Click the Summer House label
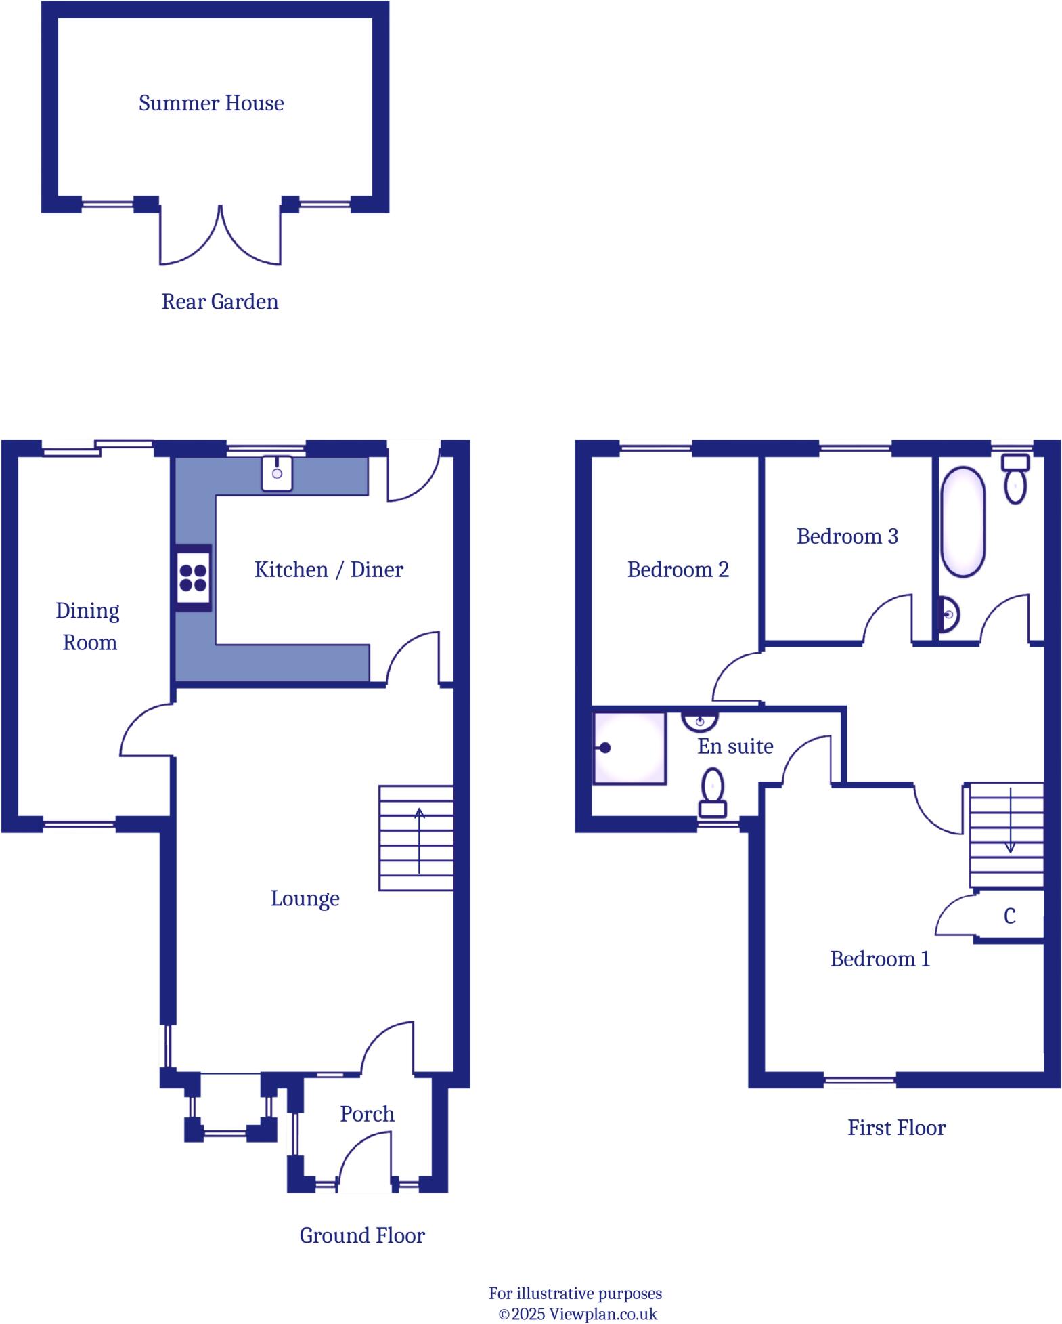click(211, 104)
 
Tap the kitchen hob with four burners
click(193, 578)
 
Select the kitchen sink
click(277, 473)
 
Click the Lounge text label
click(305, 899)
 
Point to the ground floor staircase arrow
click(419, 840)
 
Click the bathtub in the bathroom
click(962, 522)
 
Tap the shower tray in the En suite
click(629, 748)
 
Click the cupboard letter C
click(1009, 916)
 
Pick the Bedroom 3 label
click(847, 536)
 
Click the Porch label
click(367, 1114)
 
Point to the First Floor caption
click(896, 1128)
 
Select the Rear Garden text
click(219, 302)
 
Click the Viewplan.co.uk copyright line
click(577, 1315)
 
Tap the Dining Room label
click(88, 626)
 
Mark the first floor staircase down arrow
click(1010, 819)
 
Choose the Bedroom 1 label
click(880, 959)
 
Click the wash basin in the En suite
click(700, 721)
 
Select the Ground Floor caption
click(362, 1236)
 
